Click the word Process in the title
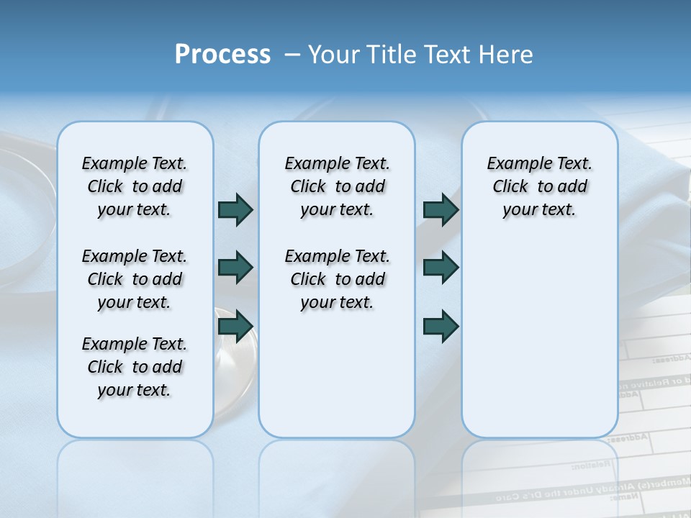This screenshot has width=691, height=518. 222,55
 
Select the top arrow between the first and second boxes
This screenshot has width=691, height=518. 235,209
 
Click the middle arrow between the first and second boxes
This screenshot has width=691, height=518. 235,268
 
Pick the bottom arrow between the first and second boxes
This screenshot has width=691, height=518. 235,326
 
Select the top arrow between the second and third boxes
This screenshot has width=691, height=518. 441,209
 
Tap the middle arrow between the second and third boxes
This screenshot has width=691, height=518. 441,268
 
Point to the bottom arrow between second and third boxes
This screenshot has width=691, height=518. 441,326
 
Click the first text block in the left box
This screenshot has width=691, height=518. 135,186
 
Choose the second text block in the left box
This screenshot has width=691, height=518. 135,279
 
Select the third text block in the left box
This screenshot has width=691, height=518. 135,367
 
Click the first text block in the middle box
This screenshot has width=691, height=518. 337,186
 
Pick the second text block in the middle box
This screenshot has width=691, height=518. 337,279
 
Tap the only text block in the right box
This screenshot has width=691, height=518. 540,186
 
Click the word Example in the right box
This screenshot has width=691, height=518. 514,164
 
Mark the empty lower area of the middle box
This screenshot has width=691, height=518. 337,381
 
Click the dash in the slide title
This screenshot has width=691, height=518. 292,55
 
